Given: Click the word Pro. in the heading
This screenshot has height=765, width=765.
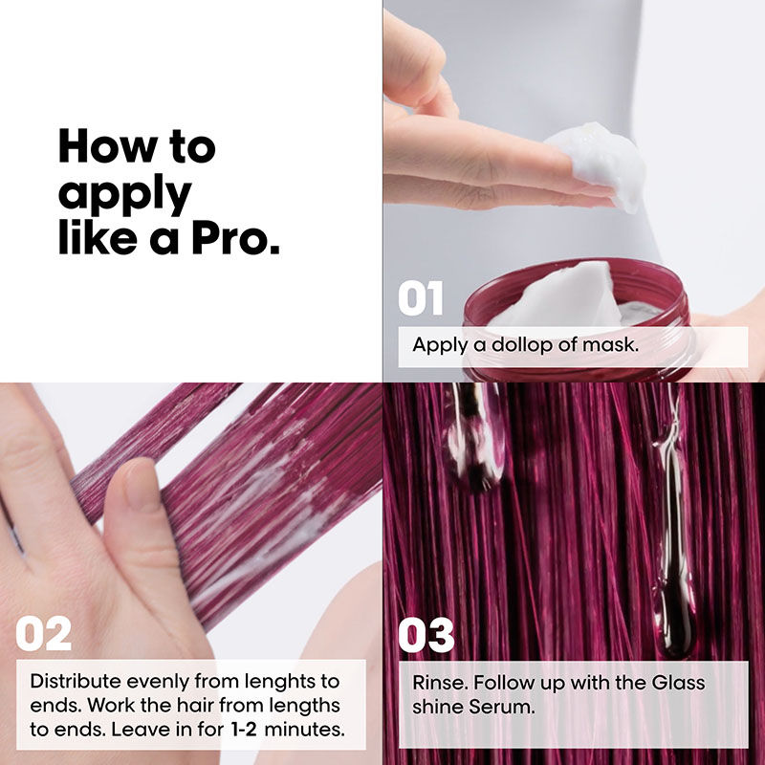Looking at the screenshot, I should tap(233, 238).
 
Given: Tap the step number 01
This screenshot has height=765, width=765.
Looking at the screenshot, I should tap(421, 299).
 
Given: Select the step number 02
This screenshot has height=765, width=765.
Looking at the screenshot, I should tap(43, 634).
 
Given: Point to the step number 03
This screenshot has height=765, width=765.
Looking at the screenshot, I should tap(426, 634).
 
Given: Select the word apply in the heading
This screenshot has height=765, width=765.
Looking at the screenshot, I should tap(124, 194).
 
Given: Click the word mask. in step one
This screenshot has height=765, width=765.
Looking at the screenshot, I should tap(610, 345).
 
